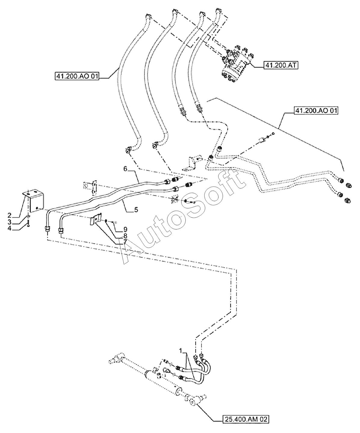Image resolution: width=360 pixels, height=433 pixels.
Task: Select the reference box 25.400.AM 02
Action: (x=246, y=419)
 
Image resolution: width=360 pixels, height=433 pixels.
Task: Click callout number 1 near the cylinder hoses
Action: (x=181, y=351)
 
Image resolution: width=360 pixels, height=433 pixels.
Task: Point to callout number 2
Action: (x=10, y=215)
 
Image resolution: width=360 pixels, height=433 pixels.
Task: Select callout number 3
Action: (x=10, y=222)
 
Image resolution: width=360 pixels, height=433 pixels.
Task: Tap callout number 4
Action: (x=10, y=229)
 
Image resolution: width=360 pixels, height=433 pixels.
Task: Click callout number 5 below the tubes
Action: (x=136, y=210)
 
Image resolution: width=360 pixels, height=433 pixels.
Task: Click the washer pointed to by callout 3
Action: (x=28, y=216)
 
